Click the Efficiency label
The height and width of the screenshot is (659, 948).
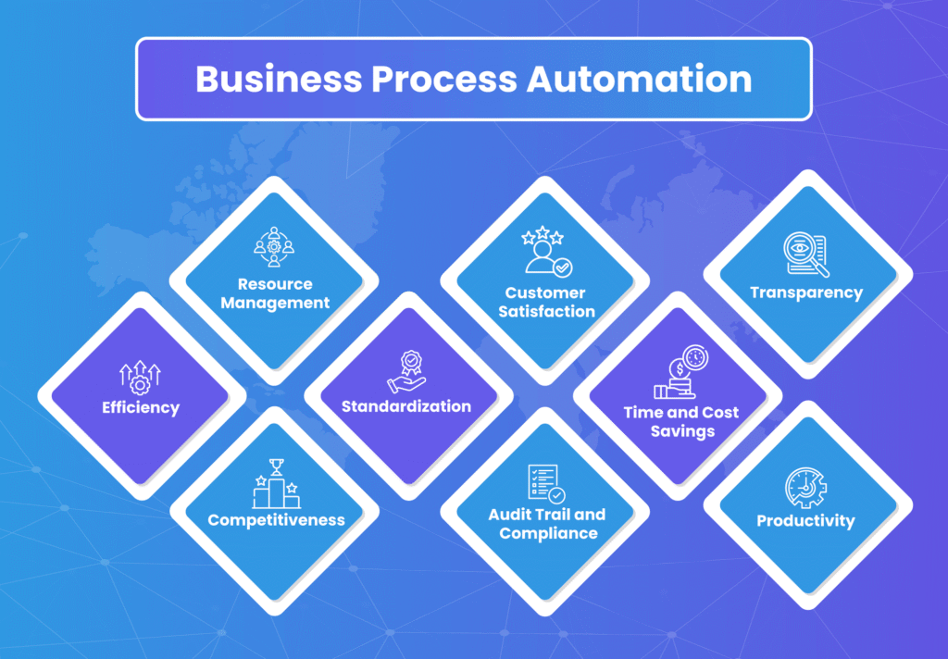pos(142,407)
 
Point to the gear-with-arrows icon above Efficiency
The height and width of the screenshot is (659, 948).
pos(141,376)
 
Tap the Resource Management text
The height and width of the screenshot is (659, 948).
pos(275,293)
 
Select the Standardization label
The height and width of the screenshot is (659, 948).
pos(406,406)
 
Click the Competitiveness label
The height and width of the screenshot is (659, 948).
pos(276,520)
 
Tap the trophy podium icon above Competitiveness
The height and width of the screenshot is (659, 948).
pos(276,484)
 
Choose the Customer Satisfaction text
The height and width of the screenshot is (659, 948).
pos(546,303)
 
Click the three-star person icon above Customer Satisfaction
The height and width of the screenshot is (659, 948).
pos(546,253)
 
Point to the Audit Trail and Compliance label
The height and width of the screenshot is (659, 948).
pos(547,524)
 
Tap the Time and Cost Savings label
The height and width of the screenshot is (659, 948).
pos(681,422)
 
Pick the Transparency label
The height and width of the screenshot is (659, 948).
pos(806,293)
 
